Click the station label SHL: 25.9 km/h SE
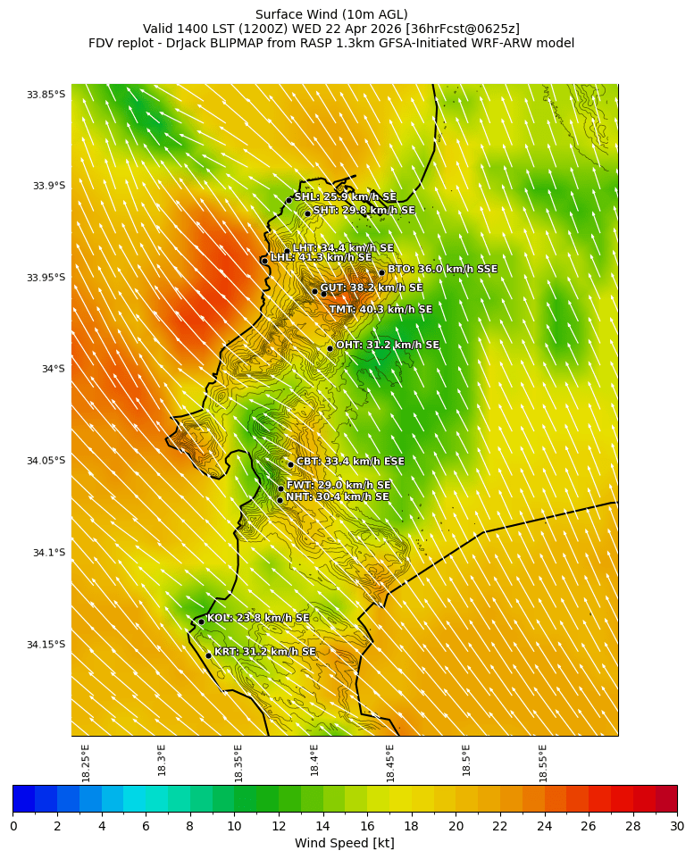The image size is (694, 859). coord(345,197)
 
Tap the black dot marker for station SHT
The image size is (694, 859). coord(307,213)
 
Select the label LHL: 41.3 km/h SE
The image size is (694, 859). coord(321,258)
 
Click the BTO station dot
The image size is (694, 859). coord(381,272)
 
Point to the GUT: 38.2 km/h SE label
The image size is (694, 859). coord(371,288)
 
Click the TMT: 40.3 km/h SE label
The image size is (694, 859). coord(380,310)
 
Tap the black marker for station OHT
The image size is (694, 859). coord(330,348)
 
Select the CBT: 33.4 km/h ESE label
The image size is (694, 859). coord(350,463)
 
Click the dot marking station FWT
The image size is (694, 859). coord(280,488)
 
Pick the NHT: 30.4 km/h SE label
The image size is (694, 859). coord(337,497)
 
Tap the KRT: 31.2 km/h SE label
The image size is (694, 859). coord(264,653)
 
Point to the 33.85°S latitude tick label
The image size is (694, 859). coord(46,95)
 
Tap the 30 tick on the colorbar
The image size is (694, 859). coord(677,827)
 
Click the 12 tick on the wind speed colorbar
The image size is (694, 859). coord(279,827)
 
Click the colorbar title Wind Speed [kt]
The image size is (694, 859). coord(345,843)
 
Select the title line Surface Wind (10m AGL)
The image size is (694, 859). coord(331,14)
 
